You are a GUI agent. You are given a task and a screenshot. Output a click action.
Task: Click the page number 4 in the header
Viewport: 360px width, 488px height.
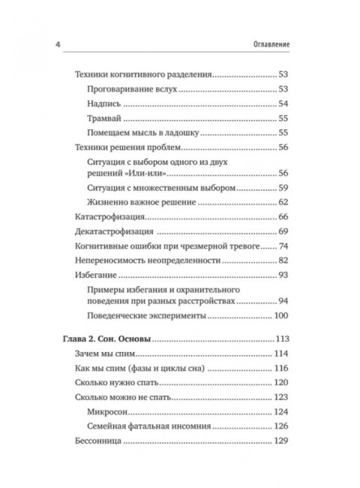58,44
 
